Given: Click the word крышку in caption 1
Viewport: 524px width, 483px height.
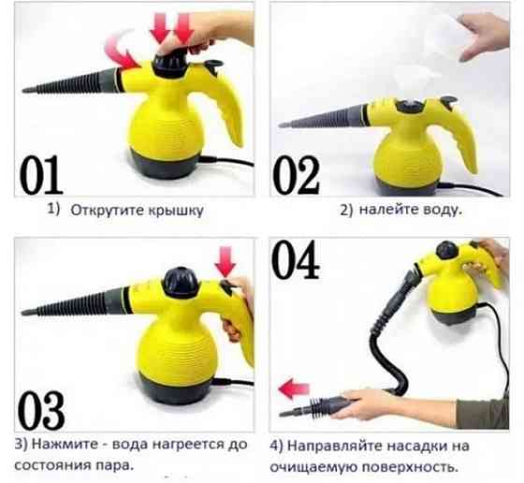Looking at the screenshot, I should coord(174,211).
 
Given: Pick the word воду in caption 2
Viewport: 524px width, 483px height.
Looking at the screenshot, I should coord(438,211).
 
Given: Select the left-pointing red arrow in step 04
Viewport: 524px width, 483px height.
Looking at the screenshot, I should coord(298,385).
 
